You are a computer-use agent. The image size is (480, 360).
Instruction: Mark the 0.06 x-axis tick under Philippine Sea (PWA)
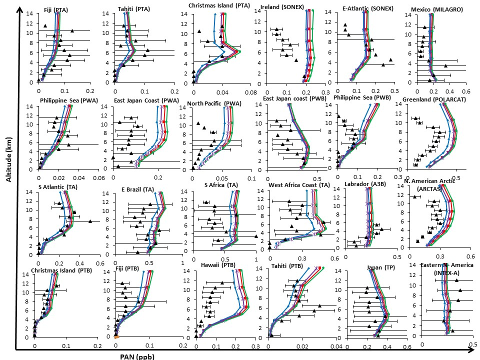pos(99,177)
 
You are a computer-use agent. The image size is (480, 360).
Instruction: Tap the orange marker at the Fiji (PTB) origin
pos(116,337)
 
